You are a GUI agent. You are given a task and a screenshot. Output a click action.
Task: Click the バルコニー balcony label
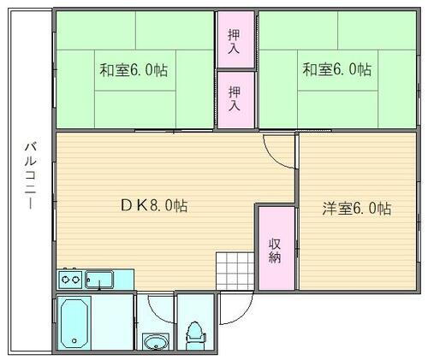(x=28, y=181)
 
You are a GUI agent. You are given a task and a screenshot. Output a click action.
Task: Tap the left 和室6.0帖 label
(x=134, y=70)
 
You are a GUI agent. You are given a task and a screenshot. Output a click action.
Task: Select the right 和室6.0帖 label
(x=336, y=69)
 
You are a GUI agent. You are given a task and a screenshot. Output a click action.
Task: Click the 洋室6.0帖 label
(x=357, y=208)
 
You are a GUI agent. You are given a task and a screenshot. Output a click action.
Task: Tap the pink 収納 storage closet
(x=275, y=248)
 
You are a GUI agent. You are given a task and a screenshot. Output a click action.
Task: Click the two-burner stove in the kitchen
(x=69, y=278)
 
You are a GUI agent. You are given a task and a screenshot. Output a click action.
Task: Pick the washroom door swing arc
(x=156, y=307)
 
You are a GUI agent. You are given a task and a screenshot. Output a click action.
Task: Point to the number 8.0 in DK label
(x=163, y=206)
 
